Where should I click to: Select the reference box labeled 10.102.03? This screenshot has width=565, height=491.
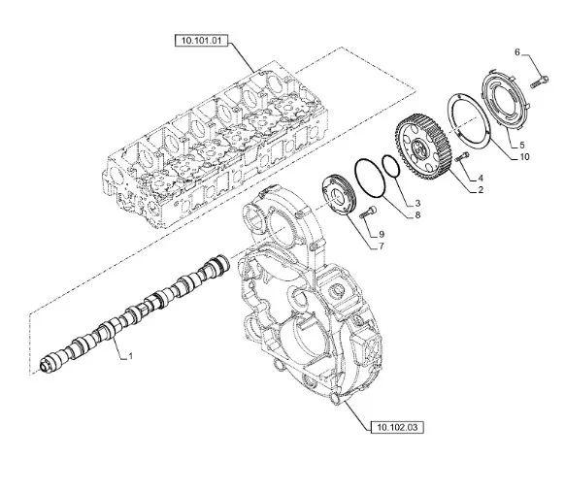[x=396, y=425]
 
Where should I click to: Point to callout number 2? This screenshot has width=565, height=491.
[x=480, y=192]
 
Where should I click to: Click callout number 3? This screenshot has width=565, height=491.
[x=417, y=202]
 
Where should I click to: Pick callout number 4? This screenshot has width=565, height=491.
[x=480, y=178]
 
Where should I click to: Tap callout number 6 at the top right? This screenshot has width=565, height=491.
[x=517, y=51]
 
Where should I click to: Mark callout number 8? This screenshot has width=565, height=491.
[x=417, y=215]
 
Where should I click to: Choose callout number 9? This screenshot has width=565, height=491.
[x=382, y=233]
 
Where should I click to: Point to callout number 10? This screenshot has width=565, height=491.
[x=525, y=156]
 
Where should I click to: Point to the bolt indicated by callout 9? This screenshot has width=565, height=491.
[x=365, y=214]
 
